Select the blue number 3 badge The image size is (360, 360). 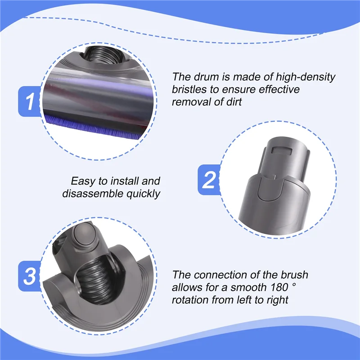(30, 275)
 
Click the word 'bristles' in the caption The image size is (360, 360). (189, 90)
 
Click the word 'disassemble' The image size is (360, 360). (90, 194)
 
